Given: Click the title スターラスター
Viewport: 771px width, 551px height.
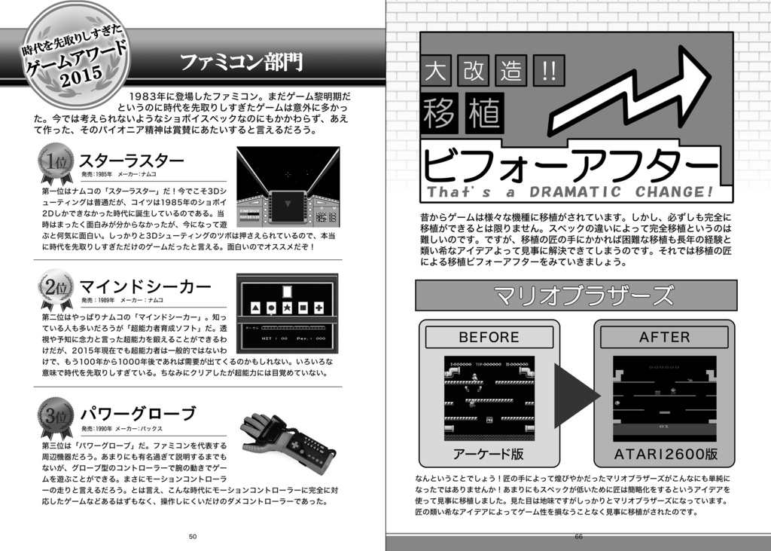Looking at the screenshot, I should click(x=131, y=161).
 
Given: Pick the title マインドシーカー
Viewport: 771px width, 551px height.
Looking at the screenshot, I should click(x=145, y=286).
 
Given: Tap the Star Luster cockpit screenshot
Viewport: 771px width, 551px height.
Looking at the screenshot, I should click(x=287, y=187).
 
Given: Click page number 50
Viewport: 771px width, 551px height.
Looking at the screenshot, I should click(x=193, y=536).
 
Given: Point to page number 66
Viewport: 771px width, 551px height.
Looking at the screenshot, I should click(x=578, y=536).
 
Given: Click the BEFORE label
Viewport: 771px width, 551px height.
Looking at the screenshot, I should click(x=489, y=337).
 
